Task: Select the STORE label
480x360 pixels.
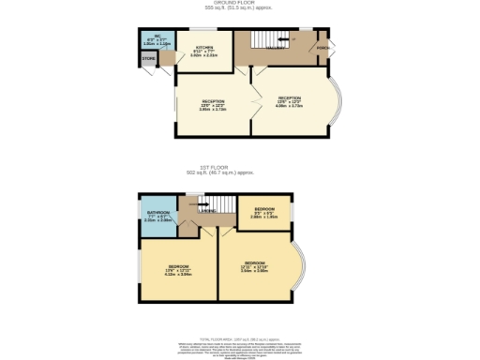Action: (147, 59)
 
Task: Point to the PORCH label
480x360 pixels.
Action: (322, 46)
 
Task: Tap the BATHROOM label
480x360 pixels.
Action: (157, 214)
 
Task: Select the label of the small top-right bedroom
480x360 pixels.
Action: (264, 208)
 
